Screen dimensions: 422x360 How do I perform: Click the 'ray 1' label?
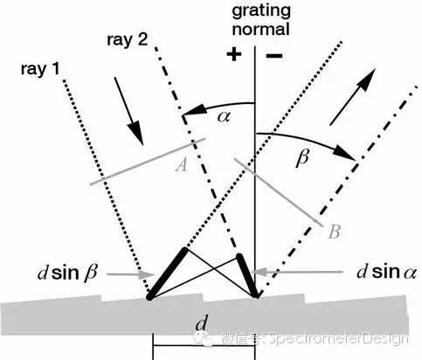[40, 70]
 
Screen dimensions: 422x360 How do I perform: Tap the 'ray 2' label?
[128, 39]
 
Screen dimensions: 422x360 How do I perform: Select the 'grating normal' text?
[261, 19]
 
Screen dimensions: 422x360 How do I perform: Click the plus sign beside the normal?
[234, 54]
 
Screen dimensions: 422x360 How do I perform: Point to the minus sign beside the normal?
[274, 55]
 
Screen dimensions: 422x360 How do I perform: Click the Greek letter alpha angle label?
[224, 116]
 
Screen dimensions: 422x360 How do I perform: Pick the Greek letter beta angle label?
[302, 158]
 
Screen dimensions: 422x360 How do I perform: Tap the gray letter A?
[182, 165]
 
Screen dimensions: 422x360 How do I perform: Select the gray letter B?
[334, 232]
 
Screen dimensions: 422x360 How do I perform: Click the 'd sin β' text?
[67, 273]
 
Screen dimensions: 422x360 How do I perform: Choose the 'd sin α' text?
[386, 273]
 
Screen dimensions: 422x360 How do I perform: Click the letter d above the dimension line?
[202, 323]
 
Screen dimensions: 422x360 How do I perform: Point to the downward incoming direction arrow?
[128, 111]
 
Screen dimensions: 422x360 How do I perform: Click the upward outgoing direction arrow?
[352, 97]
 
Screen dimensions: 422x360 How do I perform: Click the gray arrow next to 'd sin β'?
[130, 274]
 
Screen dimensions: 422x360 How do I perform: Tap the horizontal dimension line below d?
[204, 346]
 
